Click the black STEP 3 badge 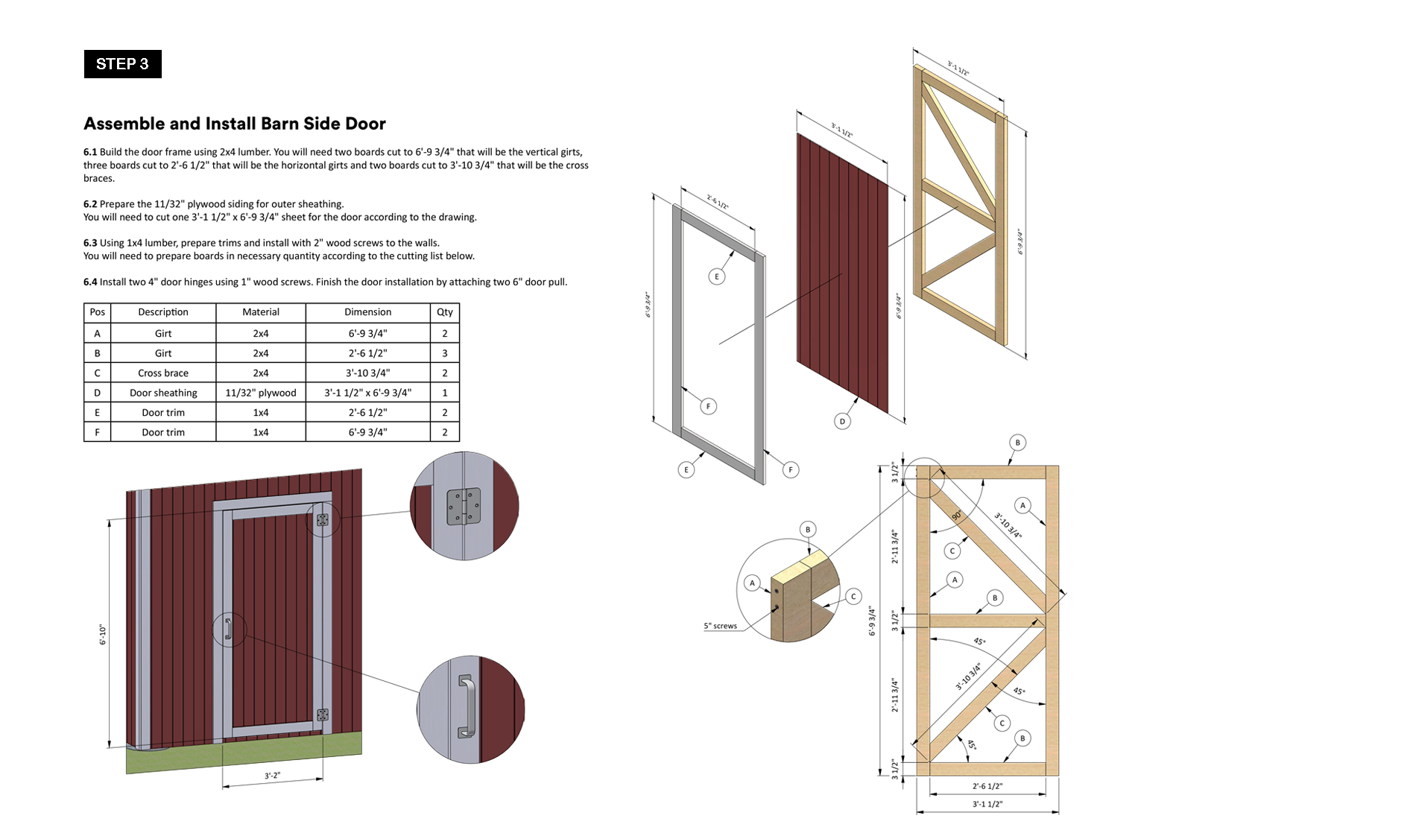[123, 64]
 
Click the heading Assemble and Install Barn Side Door [235, 124]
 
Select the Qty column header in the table [445, 312]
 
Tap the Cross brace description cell [163, 373]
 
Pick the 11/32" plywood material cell [261, 393]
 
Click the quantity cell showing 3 [445, 353]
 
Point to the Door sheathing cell [163, 393]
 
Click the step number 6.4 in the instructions [90, 282]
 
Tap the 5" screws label [721, 626]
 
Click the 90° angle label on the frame [957, 516]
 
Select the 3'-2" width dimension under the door [273, 776]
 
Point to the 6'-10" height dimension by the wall [103, 635]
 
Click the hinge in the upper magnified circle [464, 507]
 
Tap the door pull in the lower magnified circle [466, 706]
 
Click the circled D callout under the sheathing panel [842, 421]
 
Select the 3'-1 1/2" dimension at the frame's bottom [987, 805]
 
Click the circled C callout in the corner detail [854, 596]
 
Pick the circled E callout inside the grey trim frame [717, 276]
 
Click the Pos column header [98, 312]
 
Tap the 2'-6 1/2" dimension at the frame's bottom [987, 786]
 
